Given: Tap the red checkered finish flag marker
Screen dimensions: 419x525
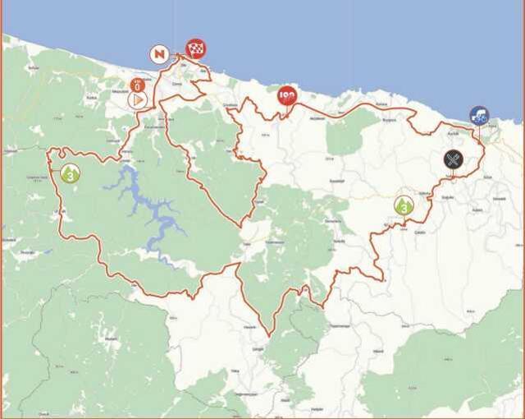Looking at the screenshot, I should [x=195, y=48].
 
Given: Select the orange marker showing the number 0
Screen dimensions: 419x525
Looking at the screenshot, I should [x=138, y=84].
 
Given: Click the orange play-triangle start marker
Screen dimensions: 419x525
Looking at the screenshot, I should [x=138, y=99].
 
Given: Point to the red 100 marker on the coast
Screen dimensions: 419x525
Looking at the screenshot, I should [x=286, y=96].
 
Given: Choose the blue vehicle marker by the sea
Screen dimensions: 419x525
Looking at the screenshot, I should [x=479, y=115].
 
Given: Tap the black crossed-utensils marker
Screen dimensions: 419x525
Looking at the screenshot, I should [x=454, y=159].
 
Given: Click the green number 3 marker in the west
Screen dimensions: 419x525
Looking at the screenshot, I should [x=71, y=173].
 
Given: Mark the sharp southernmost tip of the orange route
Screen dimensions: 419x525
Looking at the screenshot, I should [x=270, y=334].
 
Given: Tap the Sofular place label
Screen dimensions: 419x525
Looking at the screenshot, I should [x=33, y=65].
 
